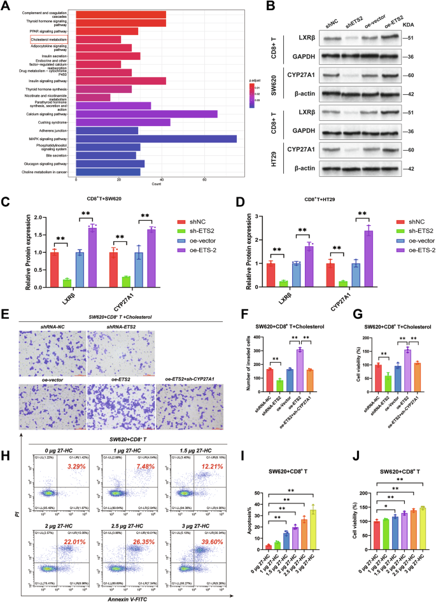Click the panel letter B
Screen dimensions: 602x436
coord(289,7)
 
